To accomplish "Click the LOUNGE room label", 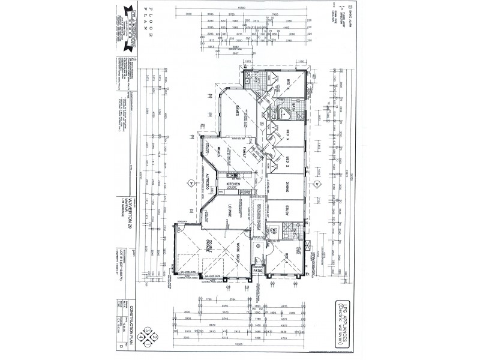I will pos(229,211).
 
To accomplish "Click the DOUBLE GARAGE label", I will pos(208,245).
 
